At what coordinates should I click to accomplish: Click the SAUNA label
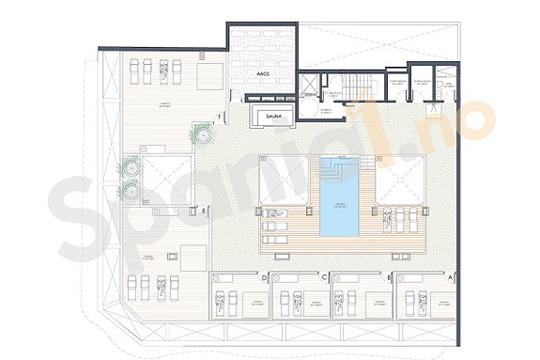(274, 117)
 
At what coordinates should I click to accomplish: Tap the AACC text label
(262, 72)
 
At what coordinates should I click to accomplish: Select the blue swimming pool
(339, 203)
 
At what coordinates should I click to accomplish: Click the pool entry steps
(339, 165)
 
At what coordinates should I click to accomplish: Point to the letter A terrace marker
(451, 278)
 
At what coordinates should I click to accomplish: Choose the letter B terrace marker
(389, 278)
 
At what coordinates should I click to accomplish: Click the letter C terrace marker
(325, 278)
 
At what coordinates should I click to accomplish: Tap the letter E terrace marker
(204, 211)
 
